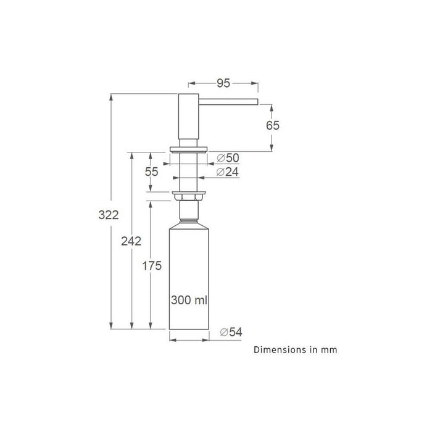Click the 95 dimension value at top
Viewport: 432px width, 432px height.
coord(223,83)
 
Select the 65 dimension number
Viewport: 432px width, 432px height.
coord(273,126)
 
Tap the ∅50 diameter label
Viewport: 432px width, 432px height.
coord(228,158)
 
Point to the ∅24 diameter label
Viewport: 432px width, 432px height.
coord(227,172)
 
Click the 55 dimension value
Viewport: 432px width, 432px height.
coord(152,172)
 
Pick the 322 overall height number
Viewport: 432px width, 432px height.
coord(109,215)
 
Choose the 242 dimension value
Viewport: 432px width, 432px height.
coord(131,241)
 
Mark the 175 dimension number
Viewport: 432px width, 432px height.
coord(152,266)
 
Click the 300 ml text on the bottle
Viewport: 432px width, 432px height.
coord(189,300)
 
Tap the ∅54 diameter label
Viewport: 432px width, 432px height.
coord(231,332)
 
